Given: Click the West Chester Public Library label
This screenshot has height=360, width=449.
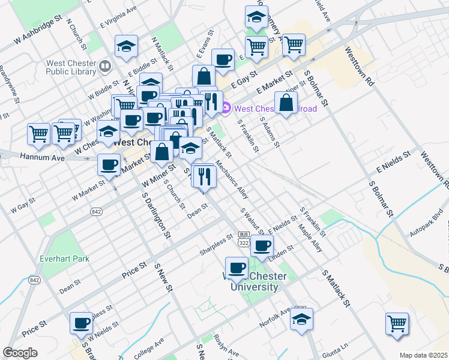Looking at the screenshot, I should [x=72, y=69].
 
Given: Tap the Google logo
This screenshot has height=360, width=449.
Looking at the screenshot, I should [x=20, y=353].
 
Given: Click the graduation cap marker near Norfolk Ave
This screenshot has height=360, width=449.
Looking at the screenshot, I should [x=301, y=319].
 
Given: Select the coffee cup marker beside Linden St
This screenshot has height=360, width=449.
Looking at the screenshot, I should [x=262, y=245].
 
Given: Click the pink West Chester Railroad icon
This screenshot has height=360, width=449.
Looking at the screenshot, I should [x=226, y=109].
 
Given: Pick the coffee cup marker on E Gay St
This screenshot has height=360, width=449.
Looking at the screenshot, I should [x=223, y=60].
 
